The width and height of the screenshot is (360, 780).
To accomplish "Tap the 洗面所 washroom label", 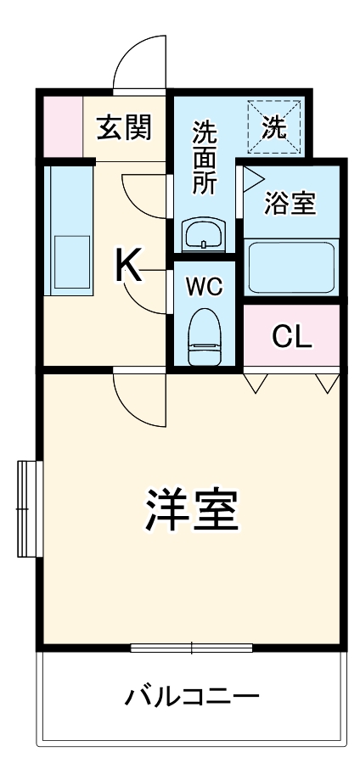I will pos(204,158).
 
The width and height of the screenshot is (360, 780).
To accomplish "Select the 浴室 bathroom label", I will pos(290,204).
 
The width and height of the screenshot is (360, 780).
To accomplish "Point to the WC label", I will pos(205,287).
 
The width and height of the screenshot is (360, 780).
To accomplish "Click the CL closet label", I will pos(292,337).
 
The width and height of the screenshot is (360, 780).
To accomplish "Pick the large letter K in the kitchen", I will pos(128,267).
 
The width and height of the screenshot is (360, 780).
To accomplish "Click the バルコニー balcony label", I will pos(192,698).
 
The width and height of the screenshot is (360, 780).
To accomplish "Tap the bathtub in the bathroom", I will pos(291,265).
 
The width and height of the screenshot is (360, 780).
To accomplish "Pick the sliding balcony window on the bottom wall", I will pos(192,648).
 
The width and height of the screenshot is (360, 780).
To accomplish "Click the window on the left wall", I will pos(29,508).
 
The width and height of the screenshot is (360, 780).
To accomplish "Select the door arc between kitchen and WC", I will pos(144,293).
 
